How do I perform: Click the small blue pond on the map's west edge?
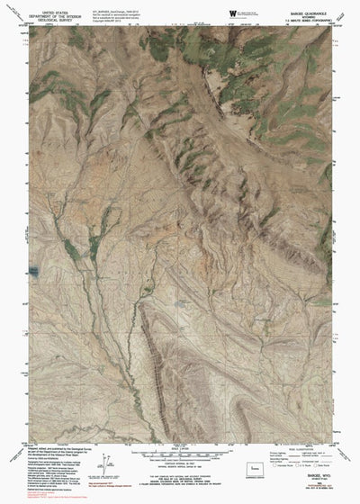coord(34,269)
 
